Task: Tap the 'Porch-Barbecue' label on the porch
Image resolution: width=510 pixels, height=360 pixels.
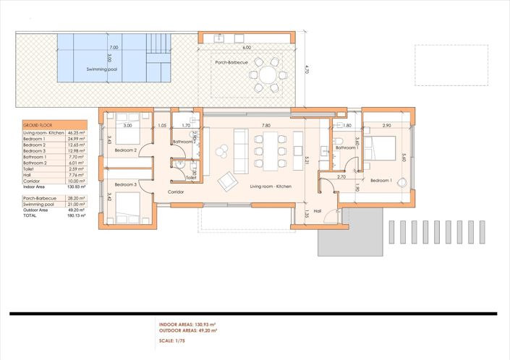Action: click(231, 62)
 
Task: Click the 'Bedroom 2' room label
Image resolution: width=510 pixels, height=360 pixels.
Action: click(125, 150)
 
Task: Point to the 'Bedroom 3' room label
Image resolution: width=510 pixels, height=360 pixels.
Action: click(125, 185)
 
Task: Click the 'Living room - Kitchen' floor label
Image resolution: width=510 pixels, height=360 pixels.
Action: click(271, 187)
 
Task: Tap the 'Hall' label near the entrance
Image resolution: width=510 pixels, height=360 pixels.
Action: click(318, 211)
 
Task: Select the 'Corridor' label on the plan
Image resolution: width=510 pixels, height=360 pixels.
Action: click(176, 192)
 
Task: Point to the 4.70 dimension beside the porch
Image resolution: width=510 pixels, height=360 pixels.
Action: click(307, 70)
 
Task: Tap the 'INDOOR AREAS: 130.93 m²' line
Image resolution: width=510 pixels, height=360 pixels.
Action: click(190, 325)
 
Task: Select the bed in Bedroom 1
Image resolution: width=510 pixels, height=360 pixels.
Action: click(381, 148)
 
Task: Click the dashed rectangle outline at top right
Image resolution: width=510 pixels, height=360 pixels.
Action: click(451, 66)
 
